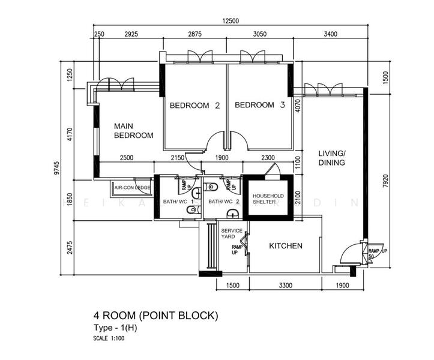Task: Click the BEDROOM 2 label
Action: [194, 106]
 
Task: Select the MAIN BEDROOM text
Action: [133, 131]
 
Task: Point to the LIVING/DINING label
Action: [331, 158]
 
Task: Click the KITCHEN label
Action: [285, 246]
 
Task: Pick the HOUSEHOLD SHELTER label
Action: [268, 199]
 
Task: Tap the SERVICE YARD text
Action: [232, 234]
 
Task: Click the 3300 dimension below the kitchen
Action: [285, 285]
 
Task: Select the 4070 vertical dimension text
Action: [297, 106]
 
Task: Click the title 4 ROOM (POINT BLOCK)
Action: [155, 315]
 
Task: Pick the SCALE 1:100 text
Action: [109, 338]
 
